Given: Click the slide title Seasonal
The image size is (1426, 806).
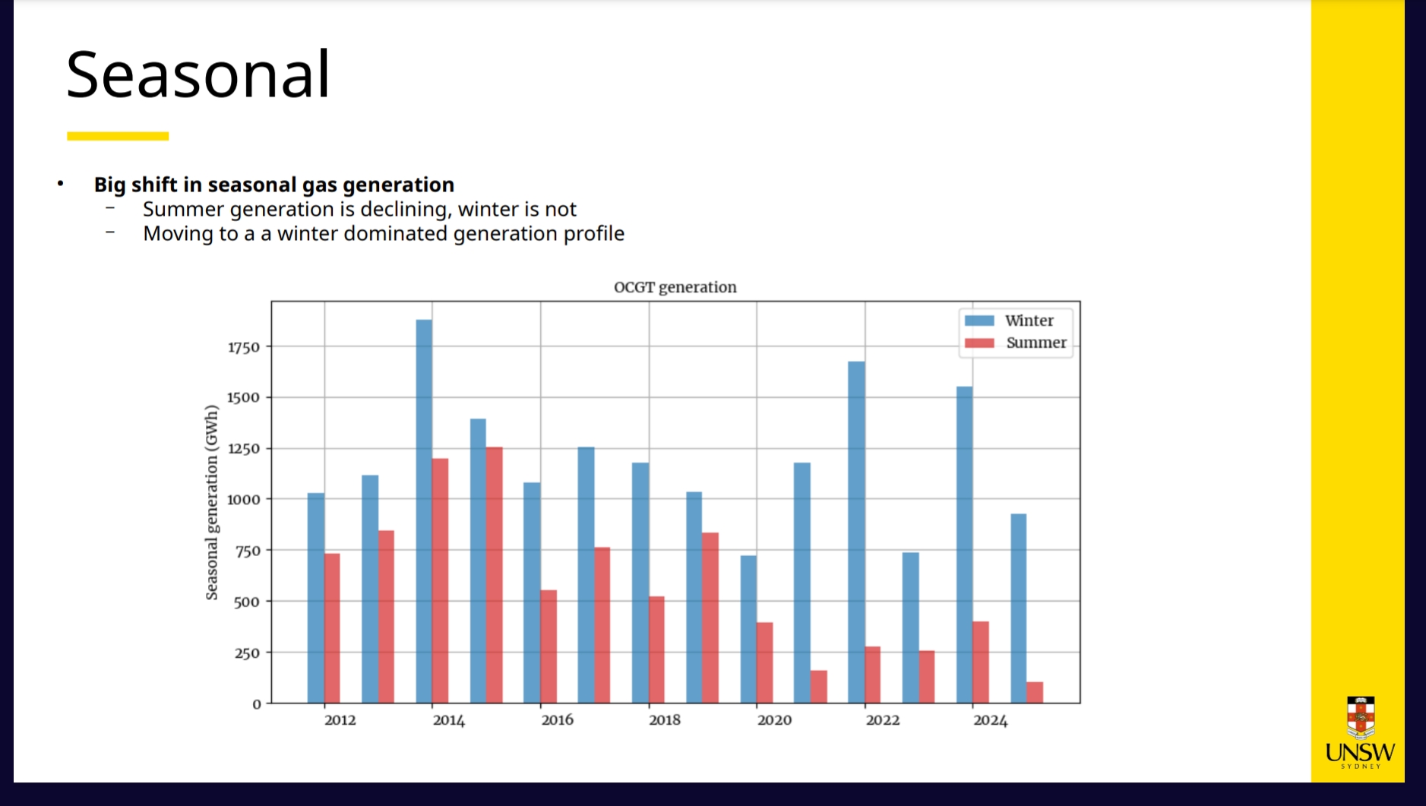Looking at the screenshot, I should click(x=198, y=74).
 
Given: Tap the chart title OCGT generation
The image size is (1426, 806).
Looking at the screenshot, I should click(x=675, y=287).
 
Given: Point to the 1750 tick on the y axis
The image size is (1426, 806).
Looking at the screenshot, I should click(x=244, y=347).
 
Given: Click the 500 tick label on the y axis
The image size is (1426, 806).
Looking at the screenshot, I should click(x=246, y=602).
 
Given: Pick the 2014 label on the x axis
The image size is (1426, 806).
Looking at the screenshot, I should click(x=448, y=720).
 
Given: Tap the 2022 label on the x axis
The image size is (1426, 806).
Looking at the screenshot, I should click(x=882, y=720).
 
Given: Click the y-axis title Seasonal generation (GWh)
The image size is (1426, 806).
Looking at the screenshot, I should click(x=211, y=502).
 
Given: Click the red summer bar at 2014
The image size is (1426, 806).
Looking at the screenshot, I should click(x=440, y=580).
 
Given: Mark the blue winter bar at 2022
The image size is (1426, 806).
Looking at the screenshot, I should click(x=856, y=532).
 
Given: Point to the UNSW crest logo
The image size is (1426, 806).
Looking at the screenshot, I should click(x=1360, y=717).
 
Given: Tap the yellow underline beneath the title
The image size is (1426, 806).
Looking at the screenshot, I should click(x=118, y=136).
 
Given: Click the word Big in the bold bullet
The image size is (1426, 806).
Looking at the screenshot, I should click(x=109, y=185).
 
